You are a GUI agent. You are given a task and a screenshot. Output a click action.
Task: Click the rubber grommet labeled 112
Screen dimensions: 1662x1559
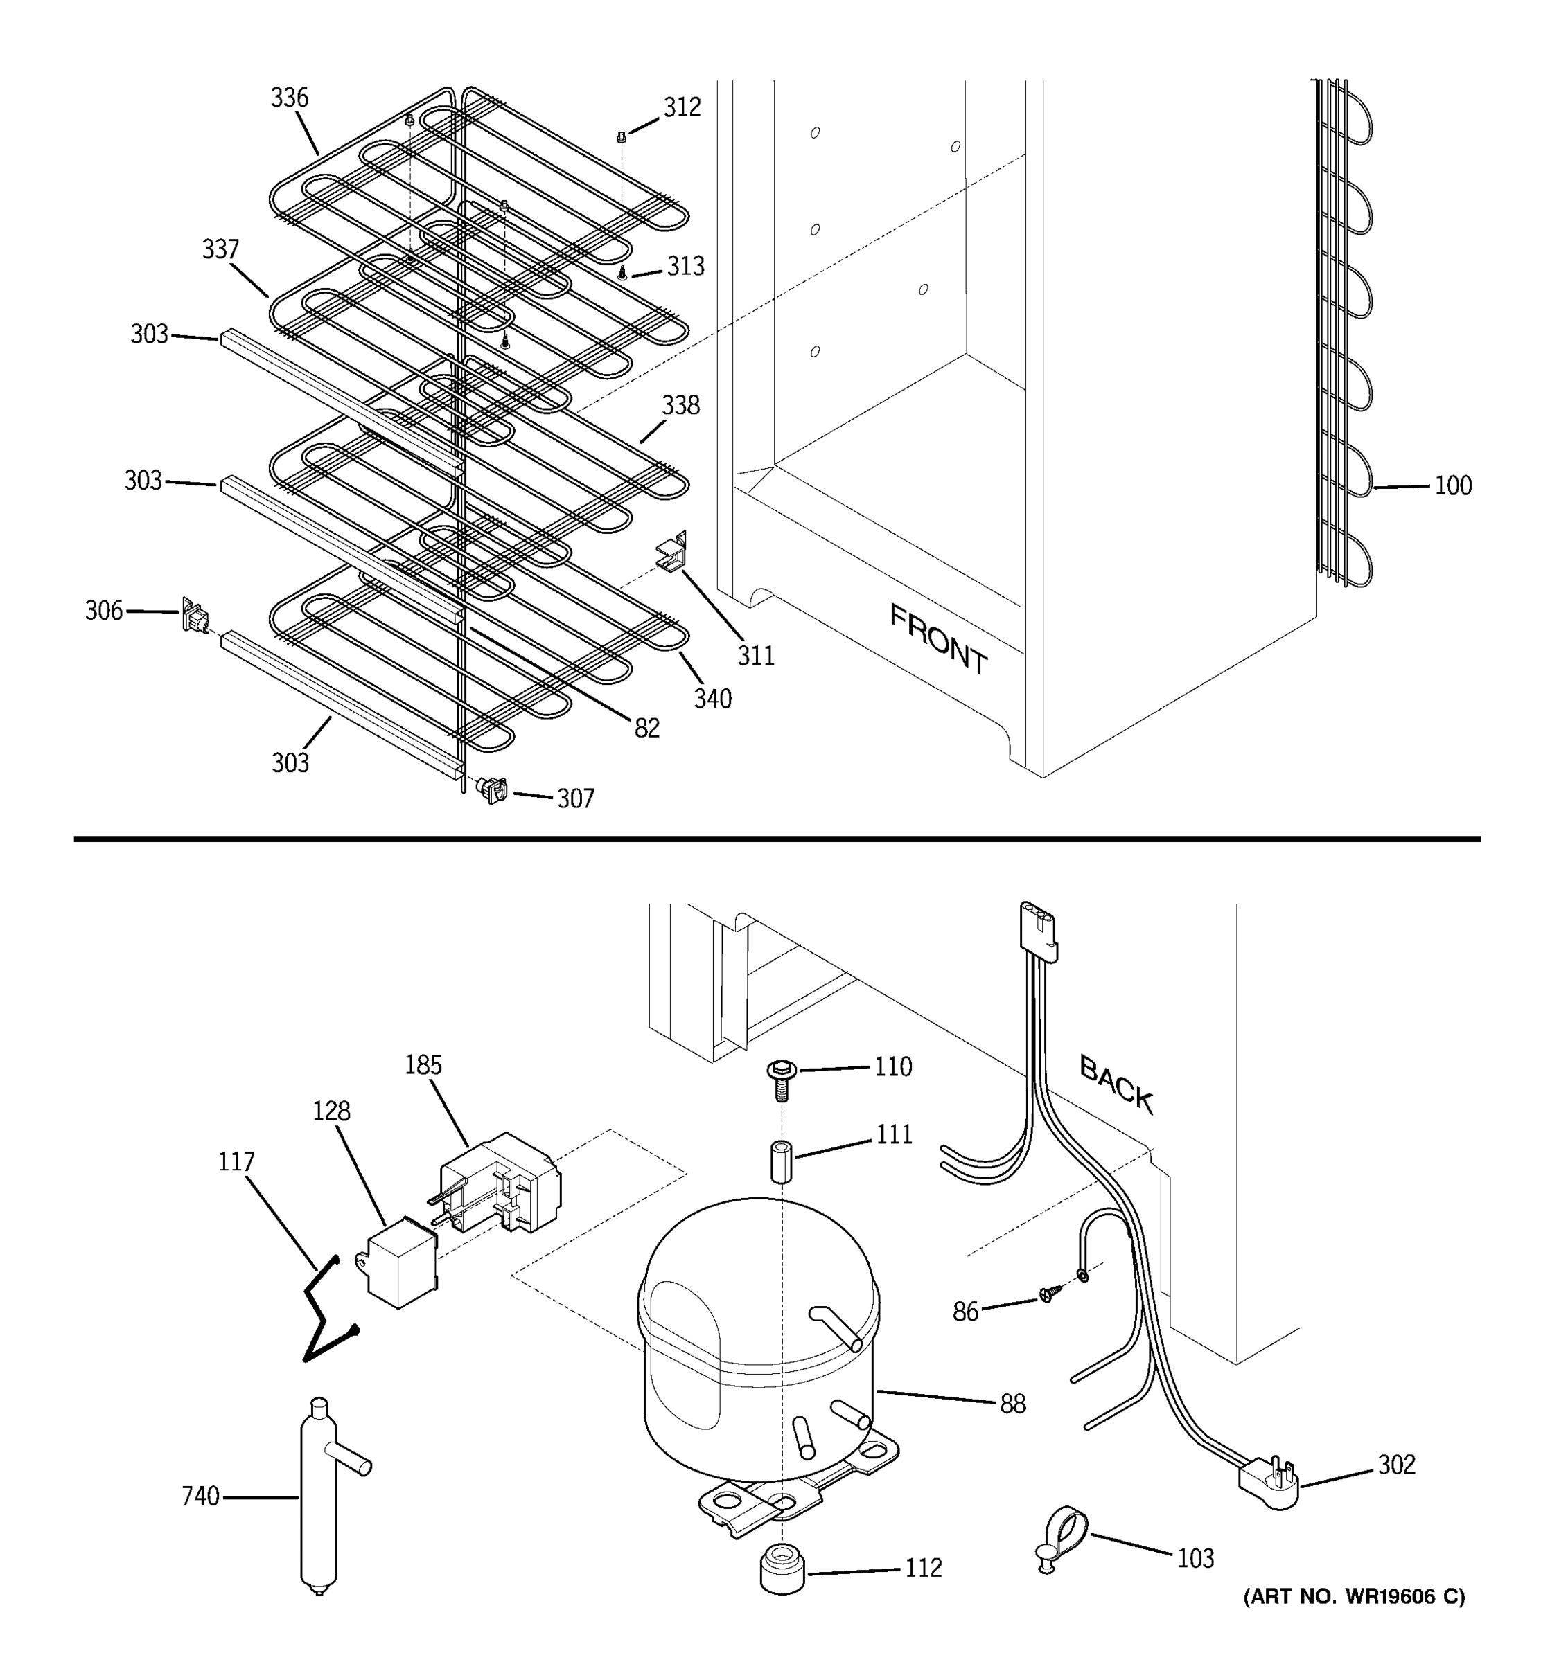pos(782,1569)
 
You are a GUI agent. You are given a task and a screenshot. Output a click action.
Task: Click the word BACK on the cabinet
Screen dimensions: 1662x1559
pos(1116,1084)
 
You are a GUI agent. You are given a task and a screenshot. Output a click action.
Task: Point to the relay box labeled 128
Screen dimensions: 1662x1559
pos(401,1262)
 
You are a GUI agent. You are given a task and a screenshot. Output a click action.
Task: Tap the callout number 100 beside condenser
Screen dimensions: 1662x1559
pos(1453,485)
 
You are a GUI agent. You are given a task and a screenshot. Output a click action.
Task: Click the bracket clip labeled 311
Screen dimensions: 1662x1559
pos(671,552)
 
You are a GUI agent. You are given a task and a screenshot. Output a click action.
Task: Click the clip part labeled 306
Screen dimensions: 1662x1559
pos(194,616)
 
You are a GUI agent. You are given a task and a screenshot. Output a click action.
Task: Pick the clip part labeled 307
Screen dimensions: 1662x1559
pos(493,789)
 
